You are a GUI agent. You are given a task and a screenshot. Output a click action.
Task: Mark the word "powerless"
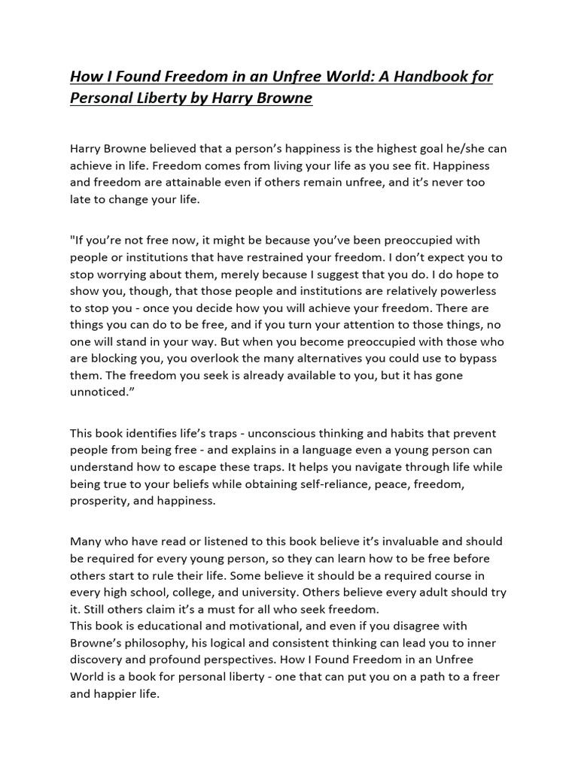(464, 290)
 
